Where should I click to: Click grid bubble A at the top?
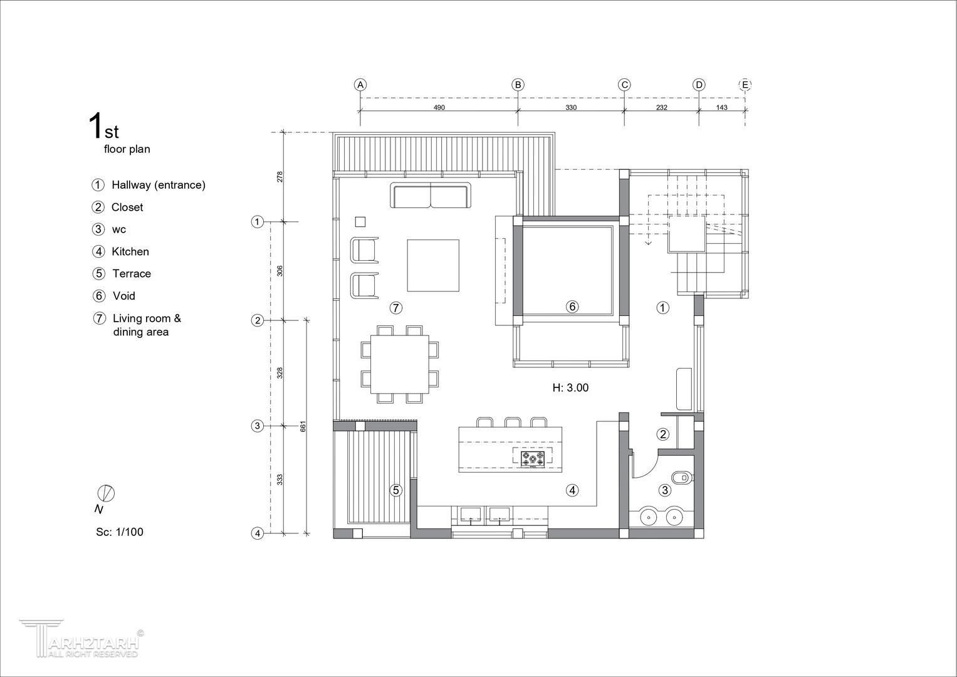(360, 85)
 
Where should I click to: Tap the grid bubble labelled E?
(745, 85)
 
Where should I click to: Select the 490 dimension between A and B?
(439, 107)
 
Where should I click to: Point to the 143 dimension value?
(721, 107)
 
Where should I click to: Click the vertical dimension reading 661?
(303, 426)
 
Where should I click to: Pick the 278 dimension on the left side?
(280, 177)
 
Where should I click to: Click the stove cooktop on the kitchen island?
(532, 459)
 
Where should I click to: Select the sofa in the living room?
(430, 195)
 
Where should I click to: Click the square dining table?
(399, 364)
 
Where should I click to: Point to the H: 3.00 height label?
(570, 387)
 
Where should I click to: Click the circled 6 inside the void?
(572, 307)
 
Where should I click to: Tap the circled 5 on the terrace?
(396, 490)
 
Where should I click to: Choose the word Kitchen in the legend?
(130, 251)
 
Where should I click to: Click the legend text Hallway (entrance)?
(159, 185)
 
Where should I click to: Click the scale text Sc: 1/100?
(120, 532)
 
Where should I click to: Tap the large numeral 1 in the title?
(95, 125)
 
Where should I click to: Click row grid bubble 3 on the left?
(257, 426)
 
